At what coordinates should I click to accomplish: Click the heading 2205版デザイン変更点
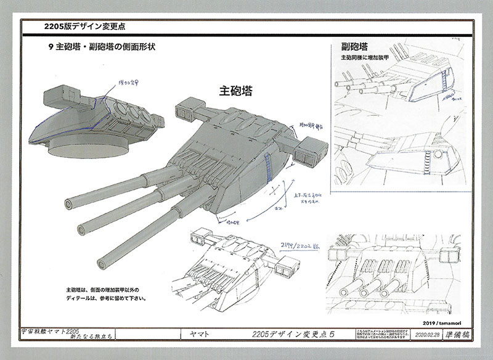(86, 27)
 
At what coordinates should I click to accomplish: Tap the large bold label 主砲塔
(236, 89)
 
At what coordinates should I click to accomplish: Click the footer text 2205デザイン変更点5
(298, 334)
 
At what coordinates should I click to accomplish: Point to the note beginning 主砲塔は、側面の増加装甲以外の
(105, 294)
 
